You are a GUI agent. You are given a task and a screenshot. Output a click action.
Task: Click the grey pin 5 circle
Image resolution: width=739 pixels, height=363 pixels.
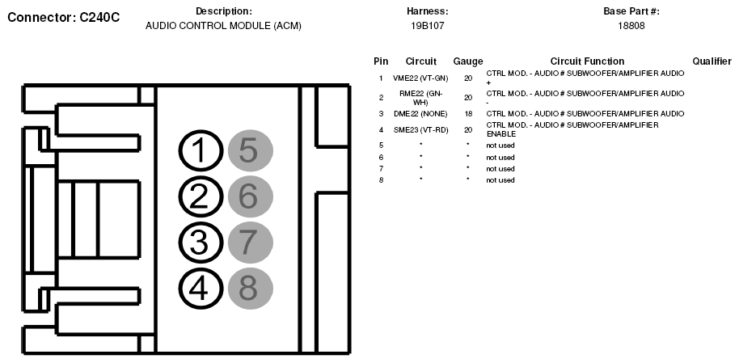pyautogui.click(x=250, y=151)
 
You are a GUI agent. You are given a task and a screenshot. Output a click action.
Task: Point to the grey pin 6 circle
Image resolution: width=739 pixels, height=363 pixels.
pyautogui.click(x=250, y=196)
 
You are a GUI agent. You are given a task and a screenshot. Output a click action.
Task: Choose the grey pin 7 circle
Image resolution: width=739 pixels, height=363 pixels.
pyautogui.click(x=250, y=242)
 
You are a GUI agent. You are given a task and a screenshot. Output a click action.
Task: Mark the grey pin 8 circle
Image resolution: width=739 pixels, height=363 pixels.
pyautogui.click(x=250, y=287)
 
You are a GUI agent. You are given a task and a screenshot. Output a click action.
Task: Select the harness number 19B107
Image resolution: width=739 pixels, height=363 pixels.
pyautogui.click(x=427, y=26)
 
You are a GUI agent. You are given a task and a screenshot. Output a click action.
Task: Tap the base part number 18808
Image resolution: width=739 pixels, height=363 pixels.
pyautogui.click(x=631, y=26)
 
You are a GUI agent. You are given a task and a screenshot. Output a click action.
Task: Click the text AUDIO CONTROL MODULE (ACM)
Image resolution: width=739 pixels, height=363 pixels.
pyautogui.click(x=223, y=26)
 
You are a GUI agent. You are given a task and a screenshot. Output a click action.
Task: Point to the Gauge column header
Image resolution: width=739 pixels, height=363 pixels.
pyautogui.click(x=468, y=61)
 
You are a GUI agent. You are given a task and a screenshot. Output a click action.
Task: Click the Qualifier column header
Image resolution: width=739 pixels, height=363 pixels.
pyautogui.click(x=712, y=61)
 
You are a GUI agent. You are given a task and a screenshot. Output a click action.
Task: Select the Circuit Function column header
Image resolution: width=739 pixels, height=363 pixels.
pyautogui.click(x=587, y=61)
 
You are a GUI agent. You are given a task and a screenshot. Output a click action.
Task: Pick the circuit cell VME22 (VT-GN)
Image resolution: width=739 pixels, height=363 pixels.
pyautogui.click(x=420, y=78)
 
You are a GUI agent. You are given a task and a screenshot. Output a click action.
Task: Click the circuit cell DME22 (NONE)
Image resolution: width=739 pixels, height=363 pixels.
pyautogui.click(x=420, y=114)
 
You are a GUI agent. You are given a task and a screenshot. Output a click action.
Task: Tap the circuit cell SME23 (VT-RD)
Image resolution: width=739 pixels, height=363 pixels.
pyautogui.click(x=420, y=129)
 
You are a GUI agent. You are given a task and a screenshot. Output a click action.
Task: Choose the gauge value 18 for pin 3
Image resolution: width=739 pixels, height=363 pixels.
pyautogui.click(x=468, y=114)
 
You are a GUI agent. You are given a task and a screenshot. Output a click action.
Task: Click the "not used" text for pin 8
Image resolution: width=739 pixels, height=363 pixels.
pyautogui.click(x=500, y=180)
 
